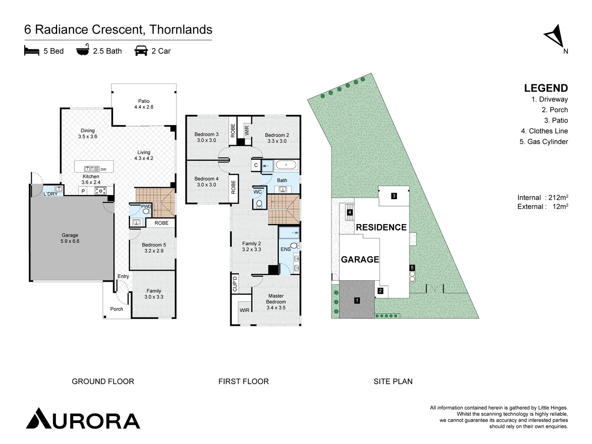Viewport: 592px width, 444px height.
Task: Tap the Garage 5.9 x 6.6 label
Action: pos(70,238)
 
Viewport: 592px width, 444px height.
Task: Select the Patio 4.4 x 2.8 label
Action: pos(143,104)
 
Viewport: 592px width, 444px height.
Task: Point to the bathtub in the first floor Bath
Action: pos(286,165)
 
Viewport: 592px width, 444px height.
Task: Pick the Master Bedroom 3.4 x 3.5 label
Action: pos(276,301)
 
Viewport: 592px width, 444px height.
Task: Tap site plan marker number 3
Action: pos(394,196)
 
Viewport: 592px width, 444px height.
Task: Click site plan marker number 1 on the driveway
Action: pos(357,301)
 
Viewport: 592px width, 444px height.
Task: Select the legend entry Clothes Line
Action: pos(544,131)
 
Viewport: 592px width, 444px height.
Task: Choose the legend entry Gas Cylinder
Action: pos(543,142)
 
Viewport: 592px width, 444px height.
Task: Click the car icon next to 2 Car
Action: pos(141,51)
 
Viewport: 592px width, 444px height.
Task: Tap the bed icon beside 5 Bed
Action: pos(32,51)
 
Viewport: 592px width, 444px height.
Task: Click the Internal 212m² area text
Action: pos(542,198)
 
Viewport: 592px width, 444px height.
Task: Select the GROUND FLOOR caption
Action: pos(103,382)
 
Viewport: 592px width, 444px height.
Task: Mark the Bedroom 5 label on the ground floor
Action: pos(154,247)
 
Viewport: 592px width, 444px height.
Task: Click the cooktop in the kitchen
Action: pos(100,191)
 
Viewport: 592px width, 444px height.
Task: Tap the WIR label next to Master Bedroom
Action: pos(244,310)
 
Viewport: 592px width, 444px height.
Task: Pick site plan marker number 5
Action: pos(412,268)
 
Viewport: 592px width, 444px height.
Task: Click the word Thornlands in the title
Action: pos(181,30)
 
